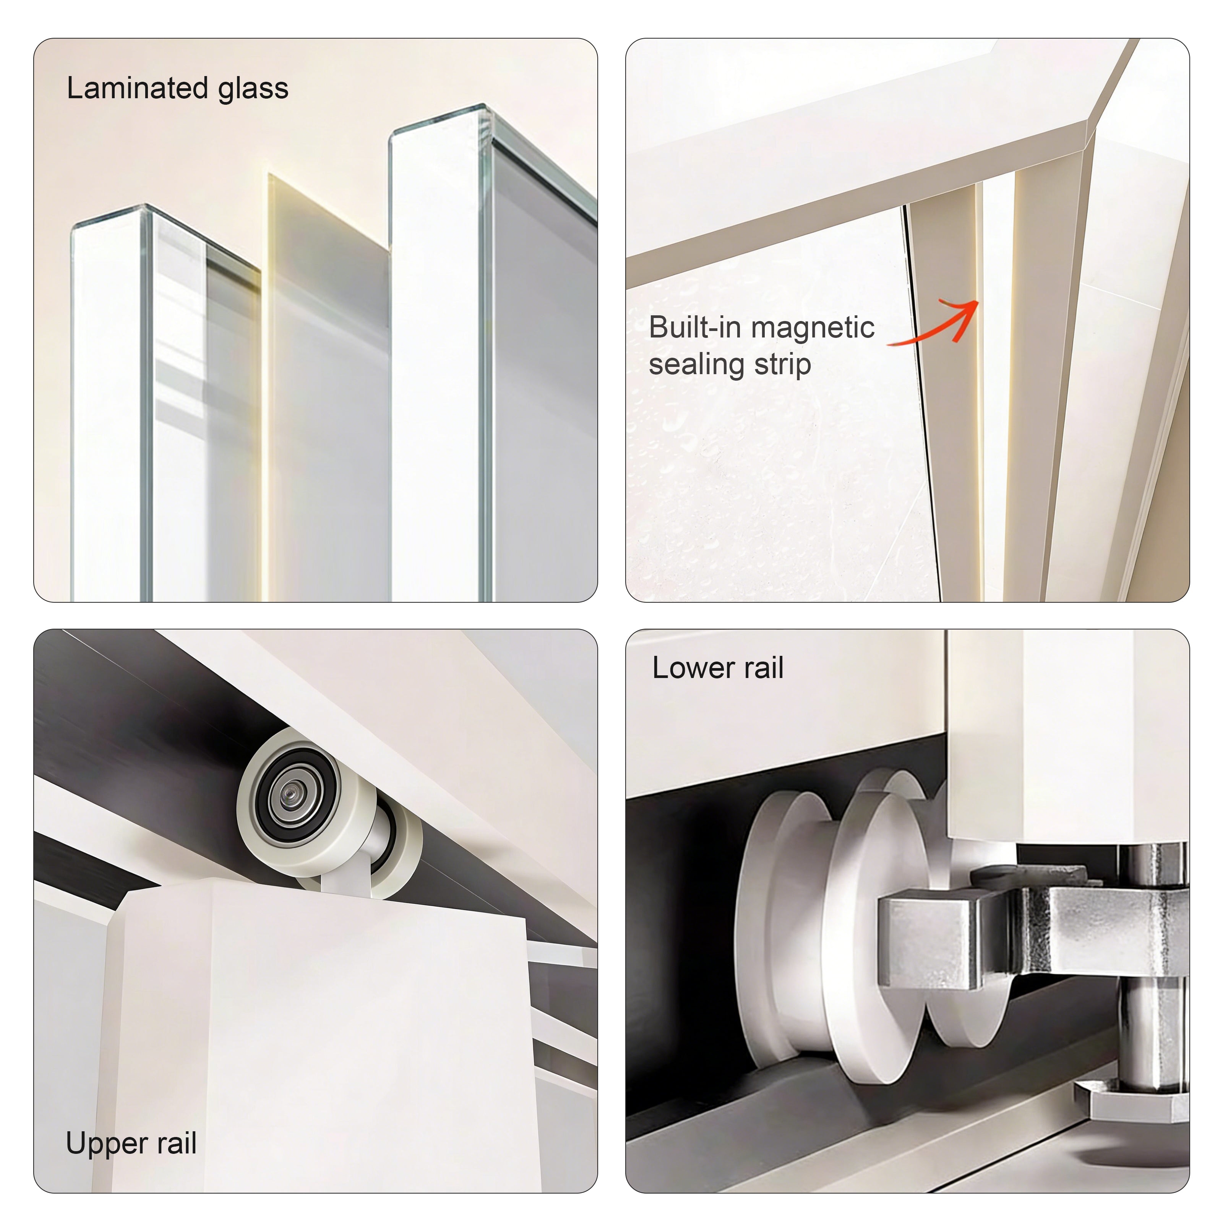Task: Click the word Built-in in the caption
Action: coord(694,327)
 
